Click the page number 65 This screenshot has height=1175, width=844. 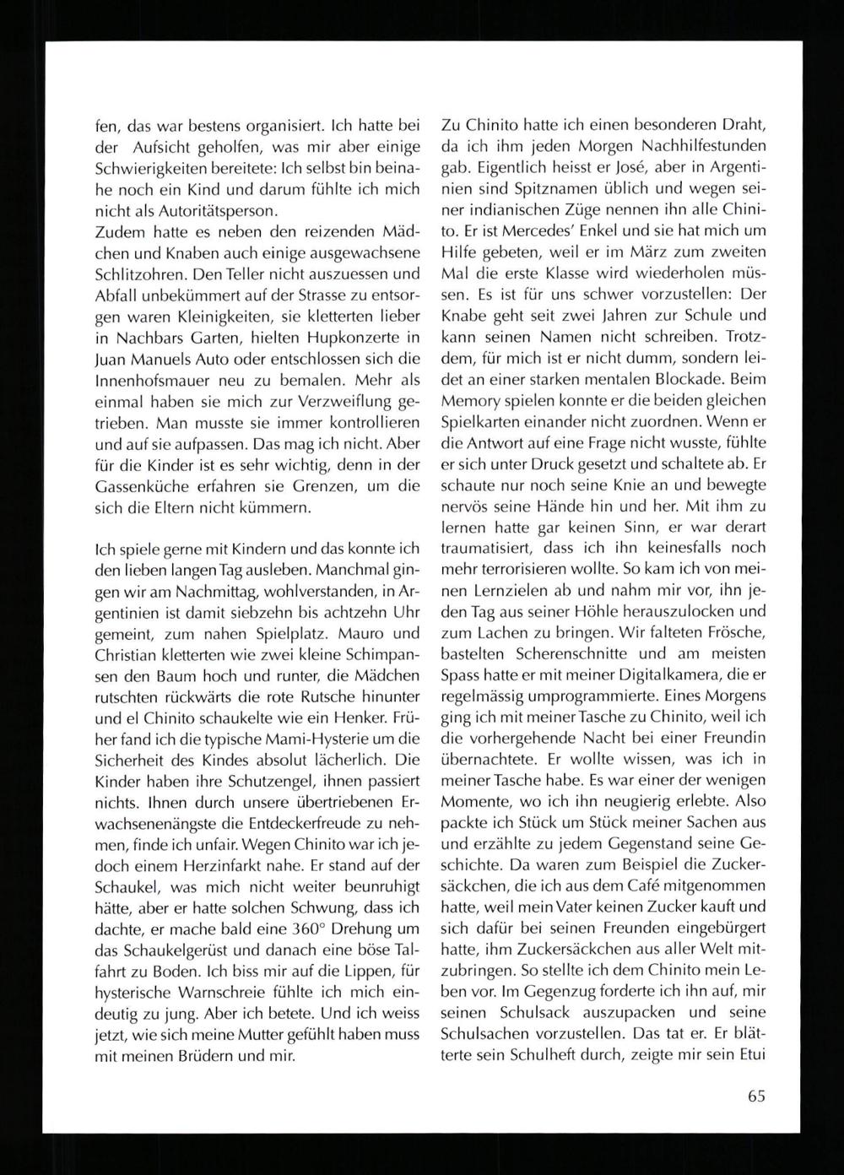(755, 1097)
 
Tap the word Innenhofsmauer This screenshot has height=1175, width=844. (143, 382)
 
